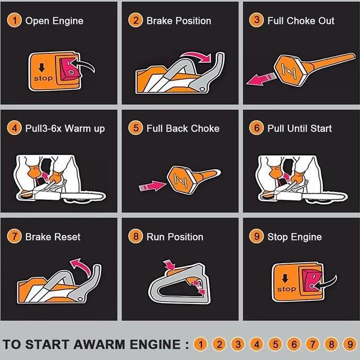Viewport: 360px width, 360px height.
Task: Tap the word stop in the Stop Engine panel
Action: (x=286, y=289)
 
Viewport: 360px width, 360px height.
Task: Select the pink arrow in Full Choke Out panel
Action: (x=262, y=79)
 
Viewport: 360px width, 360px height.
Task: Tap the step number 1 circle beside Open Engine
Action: (x=15, y=21)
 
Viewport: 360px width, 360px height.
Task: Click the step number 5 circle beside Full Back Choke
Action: (x=136, y=128)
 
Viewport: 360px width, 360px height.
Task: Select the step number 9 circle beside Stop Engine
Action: (x=257, y=237)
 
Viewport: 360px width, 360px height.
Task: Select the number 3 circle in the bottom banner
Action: (x=238, y=344)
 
